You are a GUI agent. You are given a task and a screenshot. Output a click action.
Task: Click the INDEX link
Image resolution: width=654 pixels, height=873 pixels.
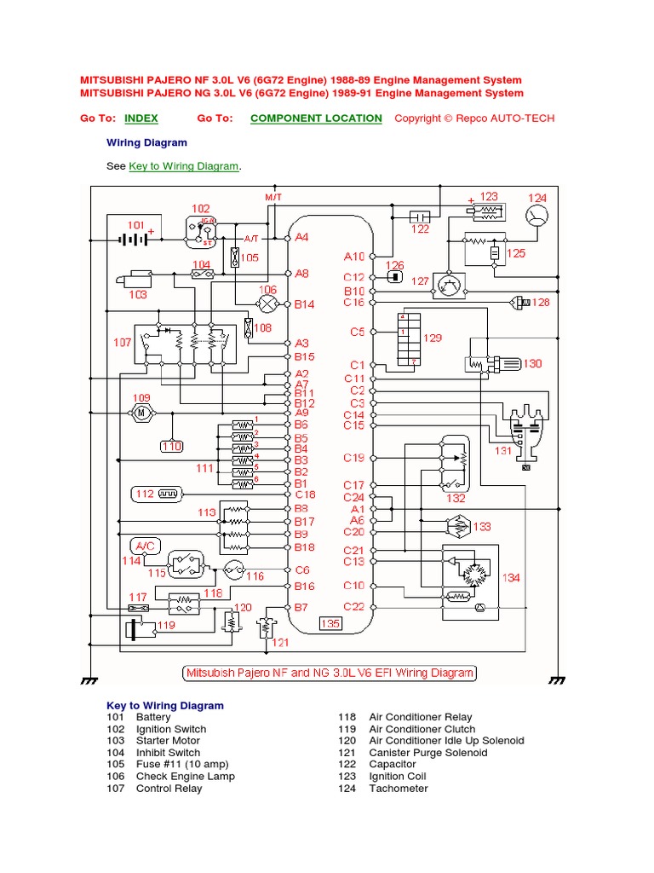pos(141,119)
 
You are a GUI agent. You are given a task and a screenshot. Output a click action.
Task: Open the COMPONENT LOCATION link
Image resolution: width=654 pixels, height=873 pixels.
pos(316,119)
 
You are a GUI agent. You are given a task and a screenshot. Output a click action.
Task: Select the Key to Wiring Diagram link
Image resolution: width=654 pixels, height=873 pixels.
pos(184,166)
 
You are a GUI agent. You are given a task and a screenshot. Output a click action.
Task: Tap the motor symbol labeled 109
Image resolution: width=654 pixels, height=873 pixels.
pos(141,413)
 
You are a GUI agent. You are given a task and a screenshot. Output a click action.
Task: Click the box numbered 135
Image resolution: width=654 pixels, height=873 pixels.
pos(330,623)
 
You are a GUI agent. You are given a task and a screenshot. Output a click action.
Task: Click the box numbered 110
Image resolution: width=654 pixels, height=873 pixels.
pos(172,445)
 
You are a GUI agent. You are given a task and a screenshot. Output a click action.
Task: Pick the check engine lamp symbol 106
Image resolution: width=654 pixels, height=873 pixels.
pos(268,304)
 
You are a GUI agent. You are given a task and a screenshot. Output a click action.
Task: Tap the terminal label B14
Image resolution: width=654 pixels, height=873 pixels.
pos(305,304)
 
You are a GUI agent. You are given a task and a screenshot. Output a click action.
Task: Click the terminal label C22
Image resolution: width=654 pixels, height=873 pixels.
pos(354,606)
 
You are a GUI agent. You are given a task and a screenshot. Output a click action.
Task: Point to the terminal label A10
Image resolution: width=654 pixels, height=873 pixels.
pos(354,256)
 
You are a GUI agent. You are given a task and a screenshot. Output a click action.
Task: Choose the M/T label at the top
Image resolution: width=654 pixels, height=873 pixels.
pos(273,197)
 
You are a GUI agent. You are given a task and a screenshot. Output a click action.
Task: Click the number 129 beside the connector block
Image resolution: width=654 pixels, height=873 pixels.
pos(433,338)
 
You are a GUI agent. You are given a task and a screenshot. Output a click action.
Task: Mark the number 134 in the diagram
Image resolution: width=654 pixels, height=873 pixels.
pos(510,578)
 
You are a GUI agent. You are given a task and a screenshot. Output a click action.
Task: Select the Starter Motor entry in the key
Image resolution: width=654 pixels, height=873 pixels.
pos(168,741)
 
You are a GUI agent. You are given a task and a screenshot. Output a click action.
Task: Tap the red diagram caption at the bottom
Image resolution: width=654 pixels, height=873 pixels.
pos(330,673)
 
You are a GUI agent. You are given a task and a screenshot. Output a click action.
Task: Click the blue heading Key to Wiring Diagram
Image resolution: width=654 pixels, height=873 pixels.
pos(165,706)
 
